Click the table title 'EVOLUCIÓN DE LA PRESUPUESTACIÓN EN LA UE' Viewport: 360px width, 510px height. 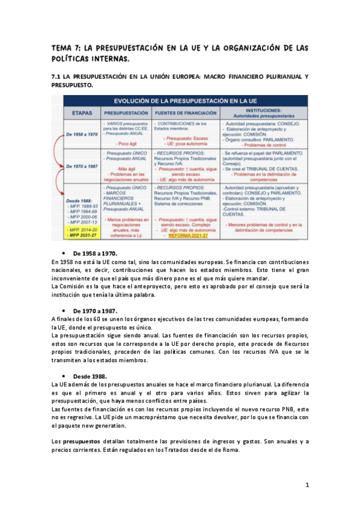coord(180,100)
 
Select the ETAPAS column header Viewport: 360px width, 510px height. coord(76,112)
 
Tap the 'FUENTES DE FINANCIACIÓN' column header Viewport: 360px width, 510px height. coord(185,112)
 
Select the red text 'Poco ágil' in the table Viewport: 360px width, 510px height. coord(126,144)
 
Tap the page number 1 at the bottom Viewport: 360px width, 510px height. coord(307,485)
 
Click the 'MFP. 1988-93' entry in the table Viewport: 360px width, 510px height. coord(82,206)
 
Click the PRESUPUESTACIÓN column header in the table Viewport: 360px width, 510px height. coord(126,112)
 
